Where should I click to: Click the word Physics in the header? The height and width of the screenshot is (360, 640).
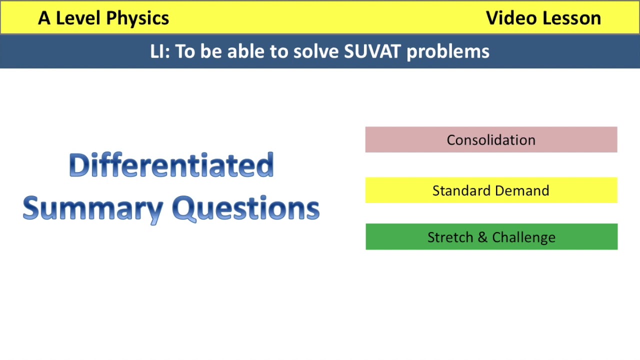(x=137, y=18)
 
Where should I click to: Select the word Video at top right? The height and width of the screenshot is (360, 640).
(x=510, y=18)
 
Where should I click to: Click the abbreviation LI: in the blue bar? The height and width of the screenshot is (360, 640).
(x=160, y=51)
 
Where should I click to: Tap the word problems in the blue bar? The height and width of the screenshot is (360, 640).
(x=448, y=51)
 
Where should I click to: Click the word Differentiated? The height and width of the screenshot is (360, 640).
(x=171, y=165)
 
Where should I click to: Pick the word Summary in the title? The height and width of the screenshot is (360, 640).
(x=95, y=208)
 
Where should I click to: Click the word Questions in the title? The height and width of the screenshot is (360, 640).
(x=245, y=208)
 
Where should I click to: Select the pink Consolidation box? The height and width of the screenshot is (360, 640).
(x=491, y=140)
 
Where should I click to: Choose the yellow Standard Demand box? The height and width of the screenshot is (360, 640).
(x=491, y=190)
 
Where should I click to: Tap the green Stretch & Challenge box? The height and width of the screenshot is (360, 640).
(x=491, y=237)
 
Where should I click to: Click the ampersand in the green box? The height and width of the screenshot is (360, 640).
(x=482, y=237)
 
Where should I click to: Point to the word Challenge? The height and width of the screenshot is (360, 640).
(x=523, y=237)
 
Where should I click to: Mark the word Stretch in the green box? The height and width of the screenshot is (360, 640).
(x=450, y=237)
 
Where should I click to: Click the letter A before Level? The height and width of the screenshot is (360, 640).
(x=44, y=18)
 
